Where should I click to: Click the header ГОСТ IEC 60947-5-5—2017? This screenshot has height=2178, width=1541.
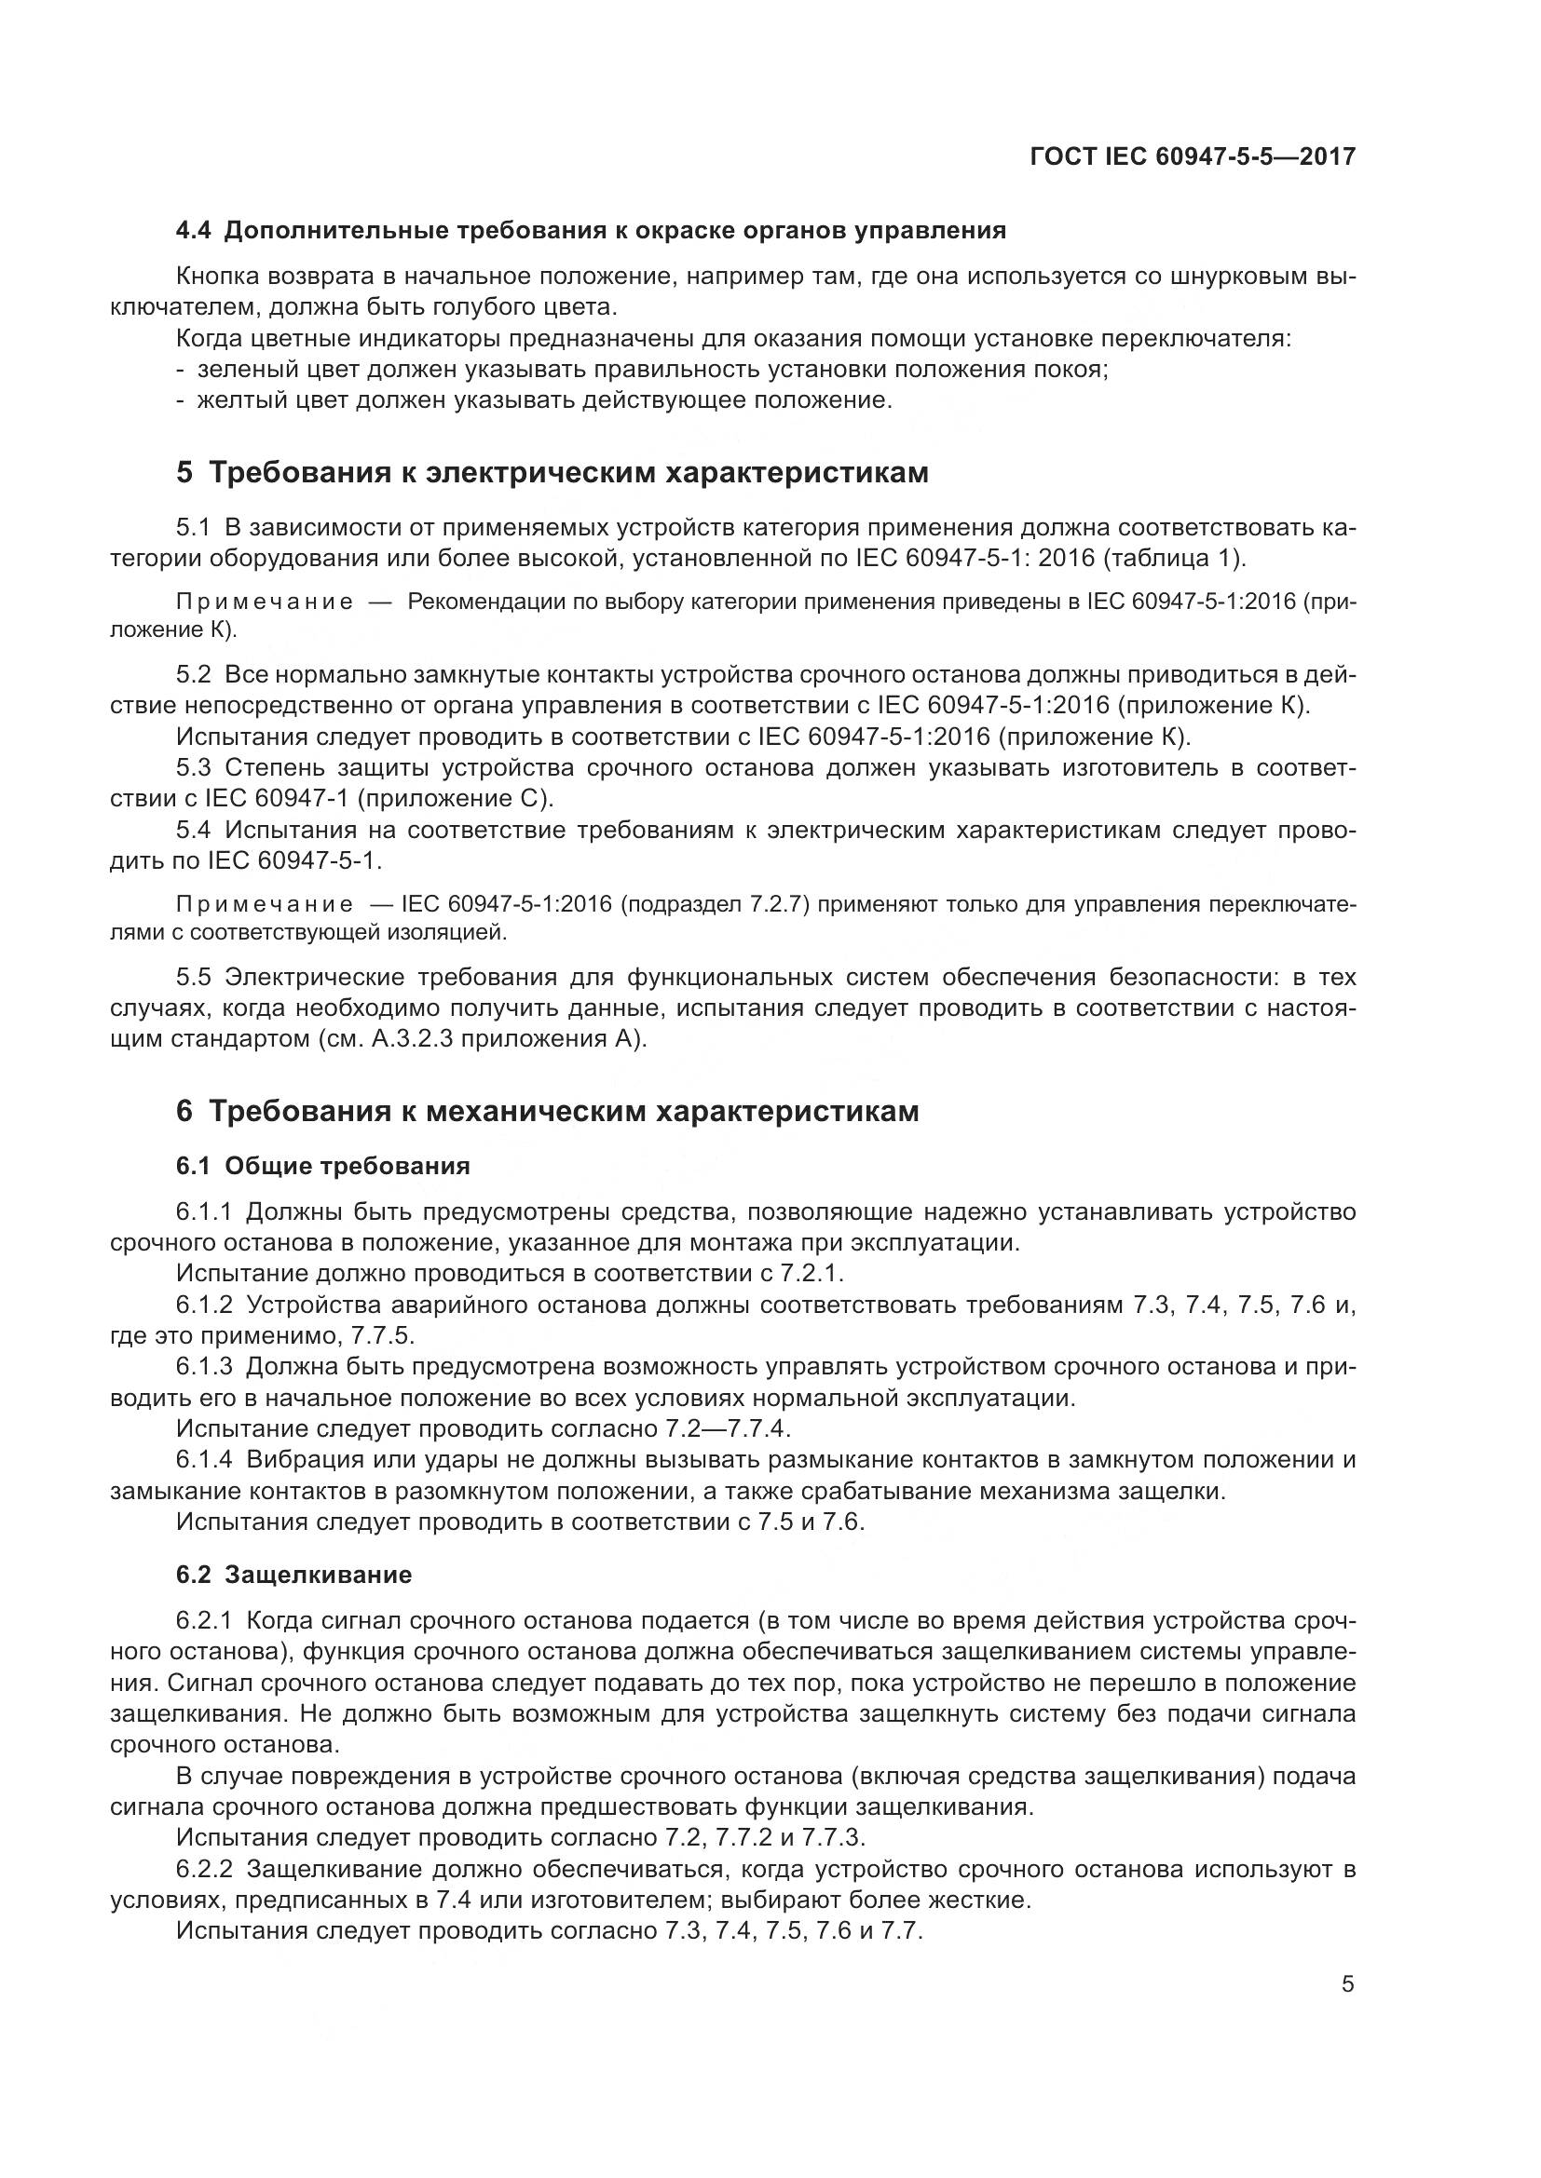1193,156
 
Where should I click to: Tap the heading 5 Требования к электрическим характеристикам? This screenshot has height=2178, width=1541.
552,472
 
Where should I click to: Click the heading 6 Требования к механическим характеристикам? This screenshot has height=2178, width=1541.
548,1111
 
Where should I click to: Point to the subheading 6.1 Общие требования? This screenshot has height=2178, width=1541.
322,1166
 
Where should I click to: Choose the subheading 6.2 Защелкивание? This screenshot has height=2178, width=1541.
294,1576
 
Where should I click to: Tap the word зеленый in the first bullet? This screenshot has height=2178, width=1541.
237,369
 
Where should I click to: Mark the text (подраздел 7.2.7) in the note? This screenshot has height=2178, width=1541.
715,904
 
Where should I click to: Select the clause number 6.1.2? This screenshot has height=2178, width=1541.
204,1305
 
